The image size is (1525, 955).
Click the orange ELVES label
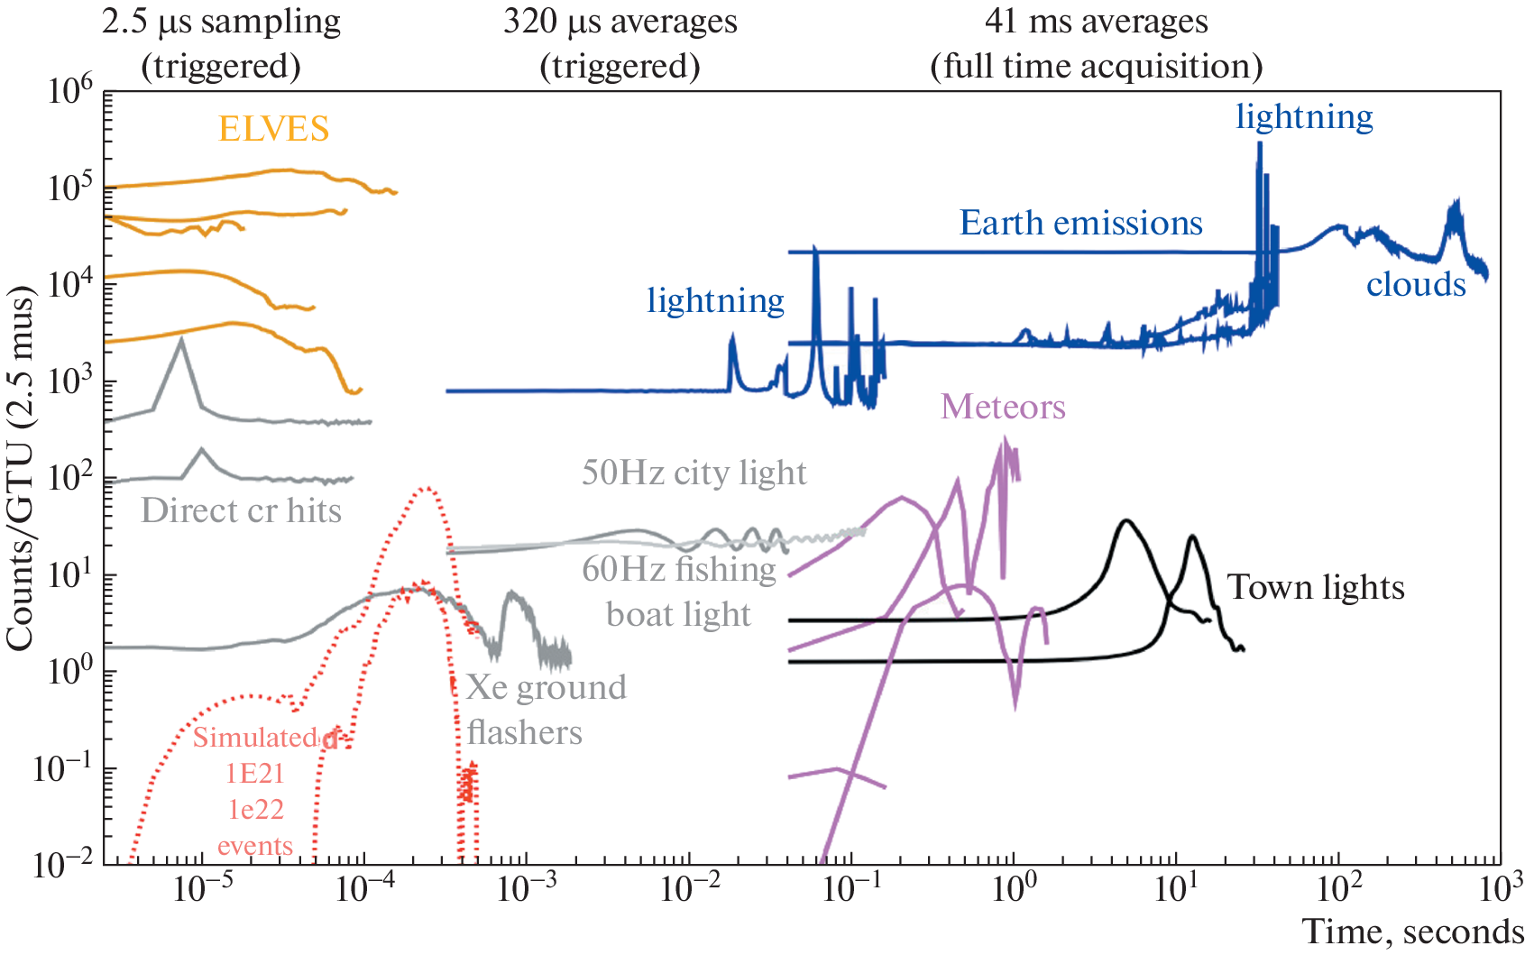pos(273,129)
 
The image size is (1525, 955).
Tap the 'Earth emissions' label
pos(1080,223)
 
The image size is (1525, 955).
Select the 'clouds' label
pos(1415,285)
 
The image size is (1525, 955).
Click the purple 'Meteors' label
pos(1003,407)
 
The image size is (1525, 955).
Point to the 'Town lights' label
pos(1316,587)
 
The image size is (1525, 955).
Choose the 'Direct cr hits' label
pos(241,510)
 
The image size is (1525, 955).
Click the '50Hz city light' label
pos(694,473)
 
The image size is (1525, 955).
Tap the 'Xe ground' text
pos(546,687)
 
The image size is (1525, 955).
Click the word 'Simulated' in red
pos(255,738)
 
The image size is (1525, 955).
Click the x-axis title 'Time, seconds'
pos(1412,932)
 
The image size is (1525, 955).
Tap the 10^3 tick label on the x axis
pos(1500,889)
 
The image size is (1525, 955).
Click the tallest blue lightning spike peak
pos(1259,144)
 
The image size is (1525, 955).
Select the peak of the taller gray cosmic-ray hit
pos(182,340)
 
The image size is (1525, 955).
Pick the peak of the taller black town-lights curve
pos(1125,521)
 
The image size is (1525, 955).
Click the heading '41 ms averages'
pos(1096,22)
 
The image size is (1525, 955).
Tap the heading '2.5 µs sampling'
pos(221,22)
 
